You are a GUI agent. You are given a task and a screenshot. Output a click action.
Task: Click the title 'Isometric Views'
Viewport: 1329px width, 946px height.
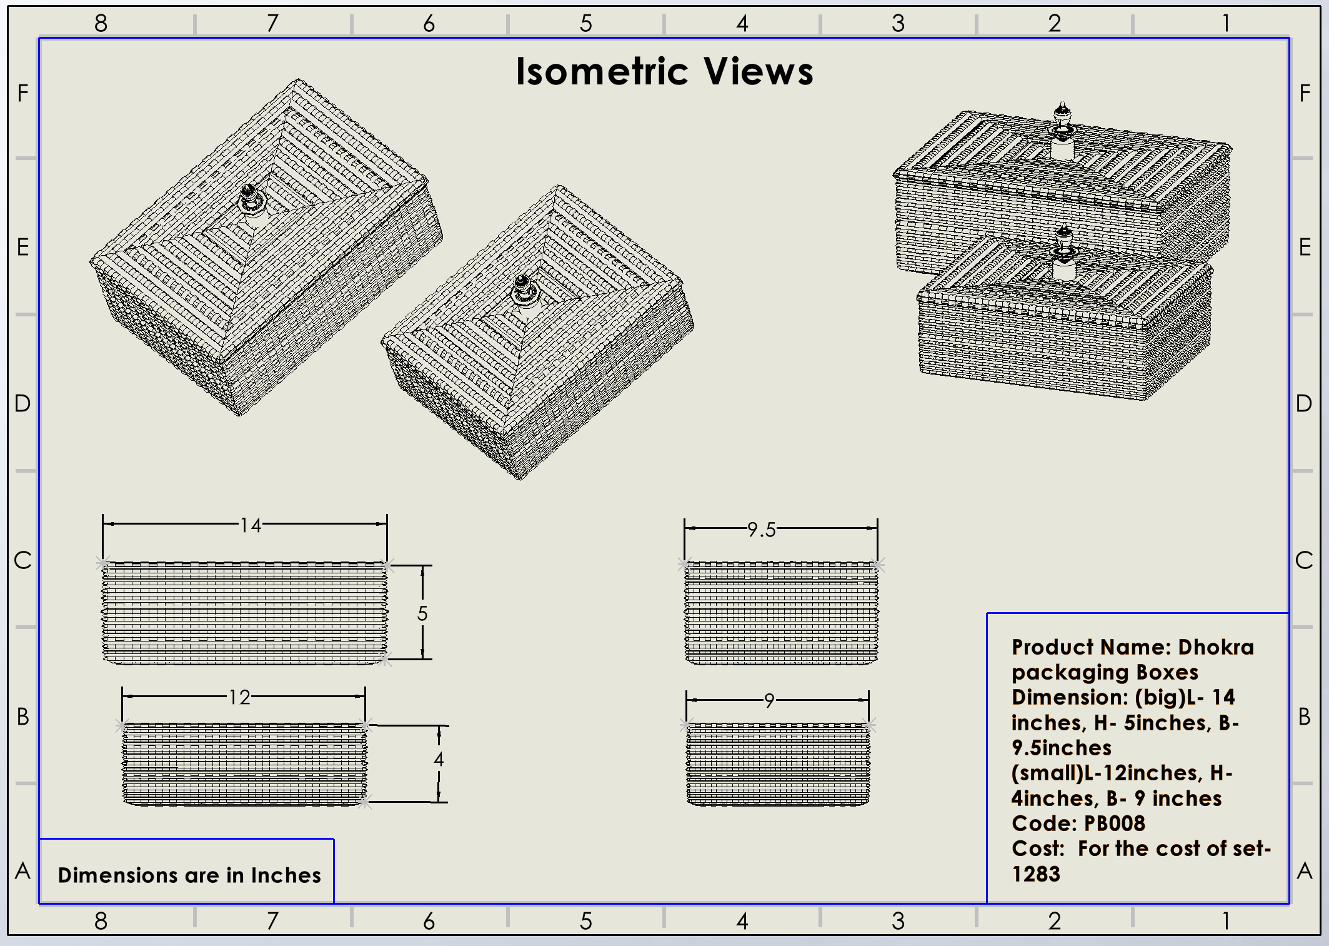coord(664,71)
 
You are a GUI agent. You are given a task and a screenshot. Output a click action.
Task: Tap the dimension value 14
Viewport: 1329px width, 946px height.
coord(251,525)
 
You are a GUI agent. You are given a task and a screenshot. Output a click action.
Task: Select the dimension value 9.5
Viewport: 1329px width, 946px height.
coord(762,530)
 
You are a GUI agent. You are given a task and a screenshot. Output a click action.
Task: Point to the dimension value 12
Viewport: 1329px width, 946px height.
coord(239,697)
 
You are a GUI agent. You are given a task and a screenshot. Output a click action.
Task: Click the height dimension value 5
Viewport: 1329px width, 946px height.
coord(422,613)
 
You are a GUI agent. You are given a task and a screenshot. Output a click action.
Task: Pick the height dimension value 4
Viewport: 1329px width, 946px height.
coord(439,759)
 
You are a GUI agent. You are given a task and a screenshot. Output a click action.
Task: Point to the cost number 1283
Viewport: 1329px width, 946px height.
coord(1036,873)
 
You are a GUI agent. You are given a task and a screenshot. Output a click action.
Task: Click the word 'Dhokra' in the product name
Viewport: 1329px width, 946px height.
coord(1216,647)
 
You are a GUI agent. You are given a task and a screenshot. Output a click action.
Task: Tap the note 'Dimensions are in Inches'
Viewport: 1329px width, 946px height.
coord(189,875)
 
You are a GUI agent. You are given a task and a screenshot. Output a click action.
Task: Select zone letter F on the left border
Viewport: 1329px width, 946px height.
coord(23,93)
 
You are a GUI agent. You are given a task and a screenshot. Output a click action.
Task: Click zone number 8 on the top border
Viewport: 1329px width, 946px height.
coord(101,24)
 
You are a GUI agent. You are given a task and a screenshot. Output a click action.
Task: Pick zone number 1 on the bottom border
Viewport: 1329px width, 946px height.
coord(1226,921)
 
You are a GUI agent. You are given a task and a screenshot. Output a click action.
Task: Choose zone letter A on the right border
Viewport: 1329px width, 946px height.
coord(1304,870)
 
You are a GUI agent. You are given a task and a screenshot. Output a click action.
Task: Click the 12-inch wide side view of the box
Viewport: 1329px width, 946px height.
coord(244,764)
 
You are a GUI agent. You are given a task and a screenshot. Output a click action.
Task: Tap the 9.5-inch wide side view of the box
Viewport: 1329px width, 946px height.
coord(781,613)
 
